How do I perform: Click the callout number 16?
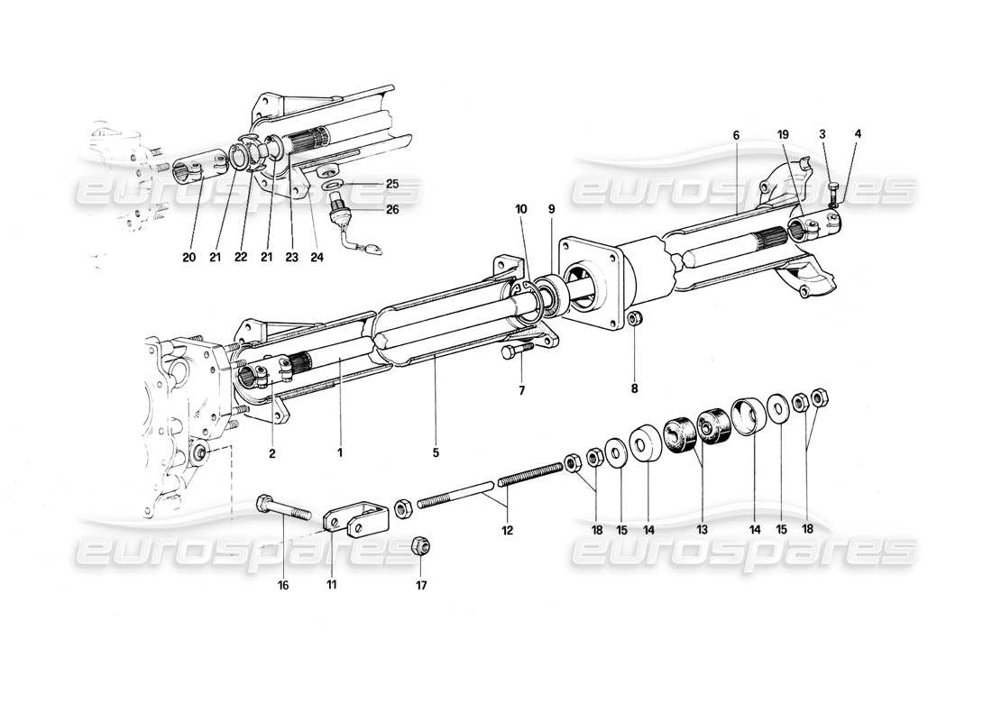(x=284, y=585)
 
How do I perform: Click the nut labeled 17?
(x=419, y=545)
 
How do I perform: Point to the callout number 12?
(x=508, y=531)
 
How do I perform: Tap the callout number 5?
(x=436, y=454)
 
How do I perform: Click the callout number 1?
(x=340, y=454)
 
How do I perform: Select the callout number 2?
(x=271, y=454)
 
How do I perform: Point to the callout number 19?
(x=783, y=135)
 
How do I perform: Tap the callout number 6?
(x=736, y=135)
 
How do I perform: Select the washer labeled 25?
(x=335, y=185)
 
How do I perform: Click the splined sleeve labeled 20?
(x=193, y=172)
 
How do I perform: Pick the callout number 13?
(x=702, y=531)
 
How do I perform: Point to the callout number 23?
(x=291, y=257)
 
